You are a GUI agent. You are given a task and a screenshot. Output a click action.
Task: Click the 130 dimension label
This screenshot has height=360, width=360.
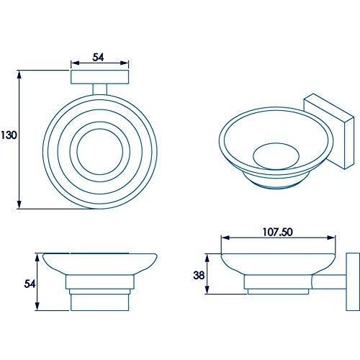click(x=9, y=135)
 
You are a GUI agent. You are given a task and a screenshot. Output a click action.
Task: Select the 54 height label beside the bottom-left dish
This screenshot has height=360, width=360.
click(x=29, y=283)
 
